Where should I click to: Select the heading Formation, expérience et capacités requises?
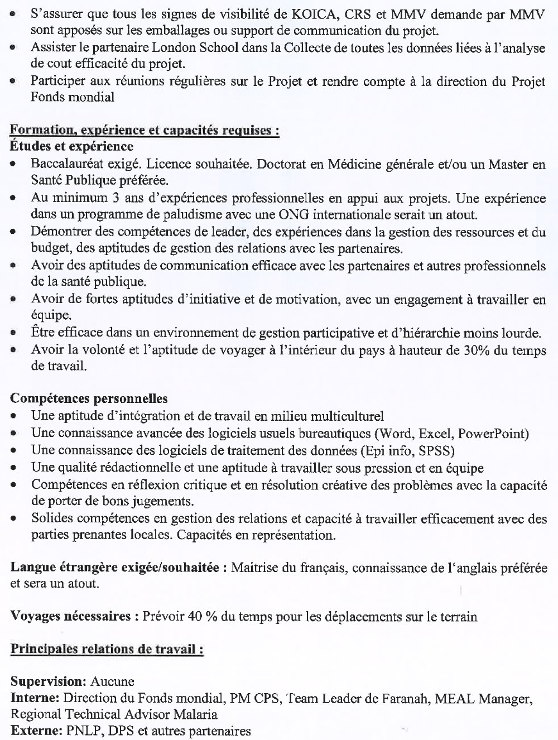coord(145,131)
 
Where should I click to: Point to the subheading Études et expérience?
coord(71,146)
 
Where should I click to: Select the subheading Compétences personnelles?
coord(89,398)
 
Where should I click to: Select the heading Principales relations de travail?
coord(107,649)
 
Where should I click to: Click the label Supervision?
coord(48,681)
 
